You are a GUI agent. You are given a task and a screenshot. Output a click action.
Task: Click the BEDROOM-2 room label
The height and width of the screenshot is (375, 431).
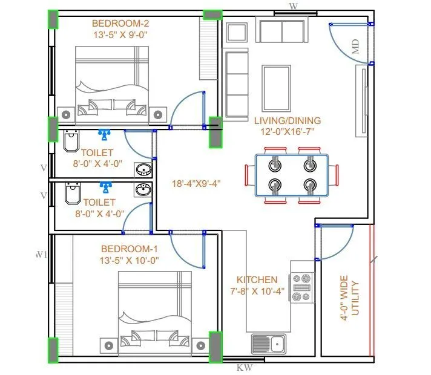coord(120,24)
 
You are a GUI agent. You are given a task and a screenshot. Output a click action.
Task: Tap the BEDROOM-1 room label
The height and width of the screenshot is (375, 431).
coord(130,249)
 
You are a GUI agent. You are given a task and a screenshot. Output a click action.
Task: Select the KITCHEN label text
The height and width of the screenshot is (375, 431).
coord(257,280)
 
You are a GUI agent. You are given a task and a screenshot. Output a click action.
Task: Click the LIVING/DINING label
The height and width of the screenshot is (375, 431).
coord(287,120)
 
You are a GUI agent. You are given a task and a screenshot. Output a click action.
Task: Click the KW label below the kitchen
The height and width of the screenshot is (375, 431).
coord(244,367)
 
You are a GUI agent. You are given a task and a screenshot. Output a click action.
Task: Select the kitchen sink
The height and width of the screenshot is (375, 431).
coord(269,344)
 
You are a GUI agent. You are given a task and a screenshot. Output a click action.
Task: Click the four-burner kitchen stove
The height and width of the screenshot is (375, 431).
coord(303,288)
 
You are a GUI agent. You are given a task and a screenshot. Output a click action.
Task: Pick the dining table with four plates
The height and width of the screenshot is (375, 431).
coord(292,175)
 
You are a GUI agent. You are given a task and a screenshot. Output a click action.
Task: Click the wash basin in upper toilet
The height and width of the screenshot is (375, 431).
coord(144,169)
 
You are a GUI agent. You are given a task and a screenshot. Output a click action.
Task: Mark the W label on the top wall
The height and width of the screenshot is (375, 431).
coord(294,6)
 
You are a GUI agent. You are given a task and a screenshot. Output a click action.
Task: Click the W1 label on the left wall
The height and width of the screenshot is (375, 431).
coord(41,254)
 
